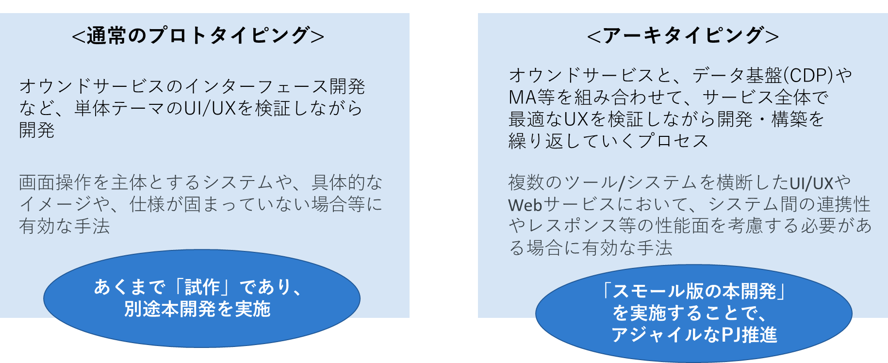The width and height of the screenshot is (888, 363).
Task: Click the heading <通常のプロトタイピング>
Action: point(198,35)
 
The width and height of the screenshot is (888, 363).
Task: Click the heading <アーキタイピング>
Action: point(683,35)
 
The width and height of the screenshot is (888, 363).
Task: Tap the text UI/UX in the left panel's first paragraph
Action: point(210,108)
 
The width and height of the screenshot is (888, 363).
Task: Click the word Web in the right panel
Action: point(525,205)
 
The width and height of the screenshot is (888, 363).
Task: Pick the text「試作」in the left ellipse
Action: point(202,287)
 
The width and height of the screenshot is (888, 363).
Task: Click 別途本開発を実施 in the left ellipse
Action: point(197,309)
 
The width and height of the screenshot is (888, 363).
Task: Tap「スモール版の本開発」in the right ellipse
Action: point(694,291)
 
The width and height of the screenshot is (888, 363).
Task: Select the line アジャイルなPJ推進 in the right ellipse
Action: point(694,335)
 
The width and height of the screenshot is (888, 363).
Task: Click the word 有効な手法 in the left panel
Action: point(65,226)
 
